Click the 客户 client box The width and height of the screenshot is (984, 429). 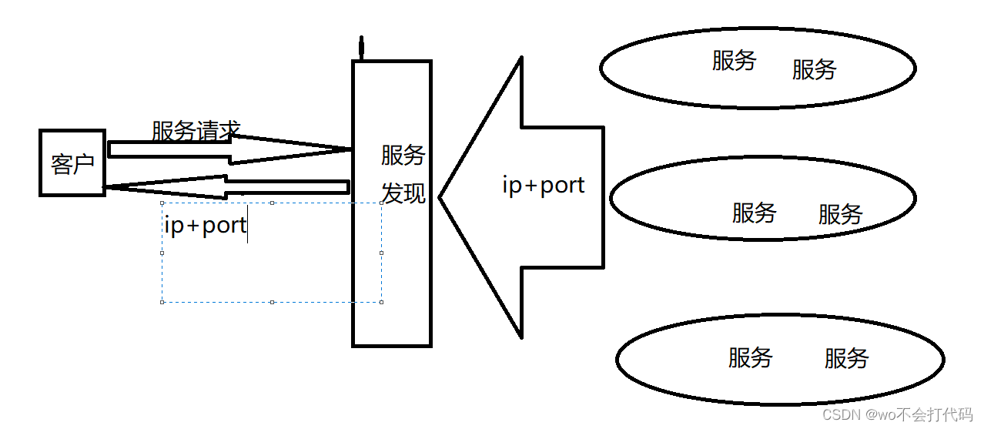[x=72, y=163]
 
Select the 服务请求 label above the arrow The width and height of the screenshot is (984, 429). [x=196, y=131]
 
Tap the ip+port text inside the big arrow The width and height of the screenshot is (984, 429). [x=543, y=185]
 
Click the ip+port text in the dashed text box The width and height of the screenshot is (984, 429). [x=205, y=225]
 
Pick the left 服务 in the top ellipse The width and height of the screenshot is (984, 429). [x=734, y=61]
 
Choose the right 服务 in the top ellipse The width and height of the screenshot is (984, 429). [x=814, y=69]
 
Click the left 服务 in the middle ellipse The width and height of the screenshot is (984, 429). [x=754, y=213]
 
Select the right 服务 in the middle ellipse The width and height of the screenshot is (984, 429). [x=840, y=214]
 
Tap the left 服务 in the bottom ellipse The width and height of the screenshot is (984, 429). [x=750, y=357]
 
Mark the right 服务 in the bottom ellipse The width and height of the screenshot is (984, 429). [x=846, y=358]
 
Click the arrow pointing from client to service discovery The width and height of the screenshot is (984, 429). [x=231, y=149]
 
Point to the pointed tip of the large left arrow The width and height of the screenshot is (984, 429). [x=441, y=197]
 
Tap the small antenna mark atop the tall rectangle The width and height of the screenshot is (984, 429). [x=360, y=49]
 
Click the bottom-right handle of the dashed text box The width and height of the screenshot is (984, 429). [x=382, y=302]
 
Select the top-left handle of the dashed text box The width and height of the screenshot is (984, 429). [x=162, y=203]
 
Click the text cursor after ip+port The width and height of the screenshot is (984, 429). [x=247, y=225]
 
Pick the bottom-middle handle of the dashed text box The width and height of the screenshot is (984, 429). [x=272, y=302]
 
